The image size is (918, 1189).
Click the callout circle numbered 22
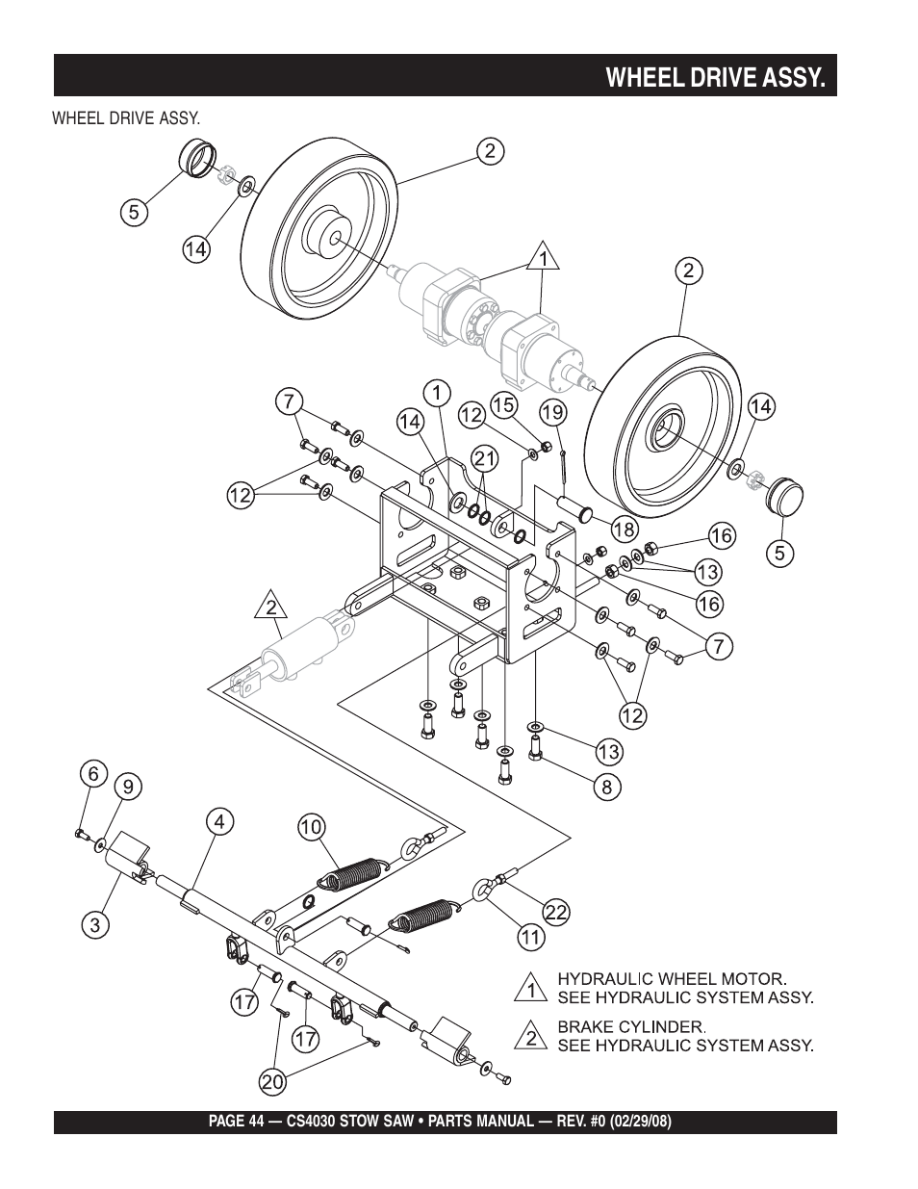click(x=555, y=912)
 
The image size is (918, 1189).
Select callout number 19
click(x=553, y=412)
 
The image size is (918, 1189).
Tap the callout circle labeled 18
click(x=625, y=529)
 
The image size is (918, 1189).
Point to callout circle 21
click(x=485, y=458)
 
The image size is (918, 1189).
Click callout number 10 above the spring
click(x=312, y=826)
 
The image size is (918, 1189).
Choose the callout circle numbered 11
click(x=530, y=938)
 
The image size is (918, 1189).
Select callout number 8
click(x=607, y=787)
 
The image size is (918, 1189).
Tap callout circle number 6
click(x=93, y=774)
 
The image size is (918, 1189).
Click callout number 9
click(x=128, y=787)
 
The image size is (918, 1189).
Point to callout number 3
click(x=95, y=924)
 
